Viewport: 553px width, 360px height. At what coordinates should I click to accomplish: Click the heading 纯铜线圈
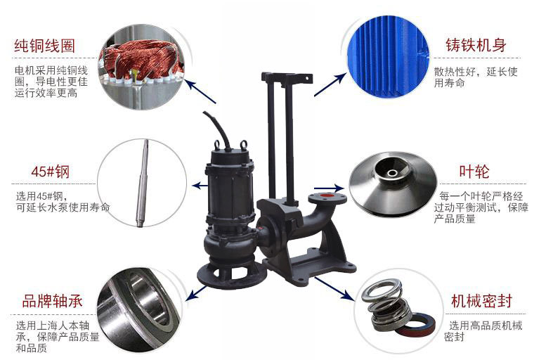(x=45, y=46)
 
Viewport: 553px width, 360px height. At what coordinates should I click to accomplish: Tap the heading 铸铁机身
(x=476, y=45)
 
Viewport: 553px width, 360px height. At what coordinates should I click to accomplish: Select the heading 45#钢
(x=51, y=172)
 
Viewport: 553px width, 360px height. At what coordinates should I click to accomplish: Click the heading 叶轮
(x=474, y=172)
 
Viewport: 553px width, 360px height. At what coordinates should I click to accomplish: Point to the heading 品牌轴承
(x=52, y=301)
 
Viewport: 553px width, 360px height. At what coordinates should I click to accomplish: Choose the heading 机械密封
(x=481, y=301)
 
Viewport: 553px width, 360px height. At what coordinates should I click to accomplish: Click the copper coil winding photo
(x=142, y=67)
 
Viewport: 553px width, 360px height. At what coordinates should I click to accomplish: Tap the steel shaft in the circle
(x=142, y=184)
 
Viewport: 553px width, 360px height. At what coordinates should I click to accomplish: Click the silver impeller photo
(x=393, y=183)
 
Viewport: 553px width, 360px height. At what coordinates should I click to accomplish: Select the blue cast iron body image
(x=388, y=56)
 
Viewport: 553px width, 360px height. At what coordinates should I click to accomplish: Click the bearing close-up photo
(x=138, y=310)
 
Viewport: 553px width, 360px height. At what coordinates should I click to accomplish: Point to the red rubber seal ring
(x=415, y=325)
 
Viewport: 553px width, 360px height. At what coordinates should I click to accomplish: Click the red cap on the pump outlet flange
(x=327, y=195)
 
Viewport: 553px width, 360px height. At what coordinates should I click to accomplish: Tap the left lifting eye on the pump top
(x=217, y=145)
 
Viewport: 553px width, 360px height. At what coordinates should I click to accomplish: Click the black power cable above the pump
(x=219, y=129)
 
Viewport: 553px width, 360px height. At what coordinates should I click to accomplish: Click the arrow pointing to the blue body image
(x=330, y=84)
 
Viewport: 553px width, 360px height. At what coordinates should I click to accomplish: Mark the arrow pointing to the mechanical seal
(x=334, y=288)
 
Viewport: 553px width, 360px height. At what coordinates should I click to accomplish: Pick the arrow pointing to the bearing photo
(x=197, y=292)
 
